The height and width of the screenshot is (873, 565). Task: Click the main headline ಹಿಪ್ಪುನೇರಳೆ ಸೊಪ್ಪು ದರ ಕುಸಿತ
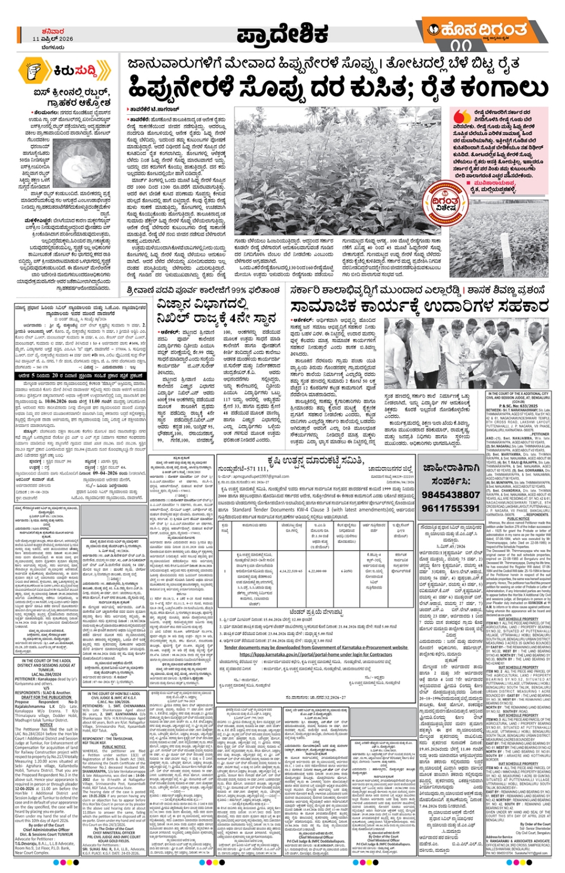coord(337,87)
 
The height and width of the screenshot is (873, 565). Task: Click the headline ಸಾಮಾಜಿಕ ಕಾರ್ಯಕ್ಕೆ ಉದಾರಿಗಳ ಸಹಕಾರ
coord(419,306)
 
